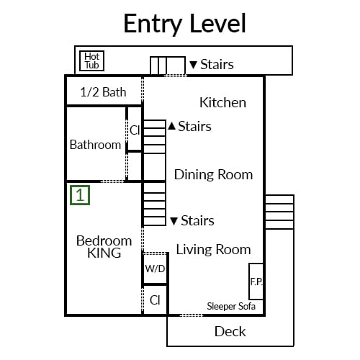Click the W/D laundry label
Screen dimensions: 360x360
tap(155, 269)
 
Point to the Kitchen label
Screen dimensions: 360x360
tap(222, 102)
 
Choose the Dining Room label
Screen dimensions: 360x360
tap(213, 174)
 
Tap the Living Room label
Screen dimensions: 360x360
tap(213, 249)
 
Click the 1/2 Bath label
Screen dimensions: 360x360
tap(103, 92)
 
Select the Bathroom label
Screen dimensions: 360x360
tap(95, 145)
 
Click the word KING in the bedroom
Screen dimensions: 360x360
tap(104, 253)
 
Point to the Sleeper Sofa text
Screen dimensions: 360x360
tap(231, 306)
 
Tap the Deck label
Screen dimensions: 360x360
tap(230, 331)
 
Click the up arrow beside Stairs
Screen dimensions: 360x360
tap(171, 126)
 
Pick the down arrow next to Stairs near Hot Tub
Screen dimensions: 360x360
tap(194, 65)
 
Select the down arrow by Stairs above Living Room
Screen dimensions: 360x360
tap(174, 221)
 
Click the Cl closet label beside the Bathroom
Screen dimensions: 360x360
tap(135, 130)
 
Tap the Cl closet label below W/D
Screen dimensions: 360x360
tap(155, 300)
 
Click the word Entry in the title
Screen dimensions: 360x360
tap(153, 24)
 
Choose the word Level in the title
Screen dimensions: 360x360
tap(218, 23)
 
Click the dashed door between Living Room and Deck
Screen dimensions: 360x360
tap(192, 315)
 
